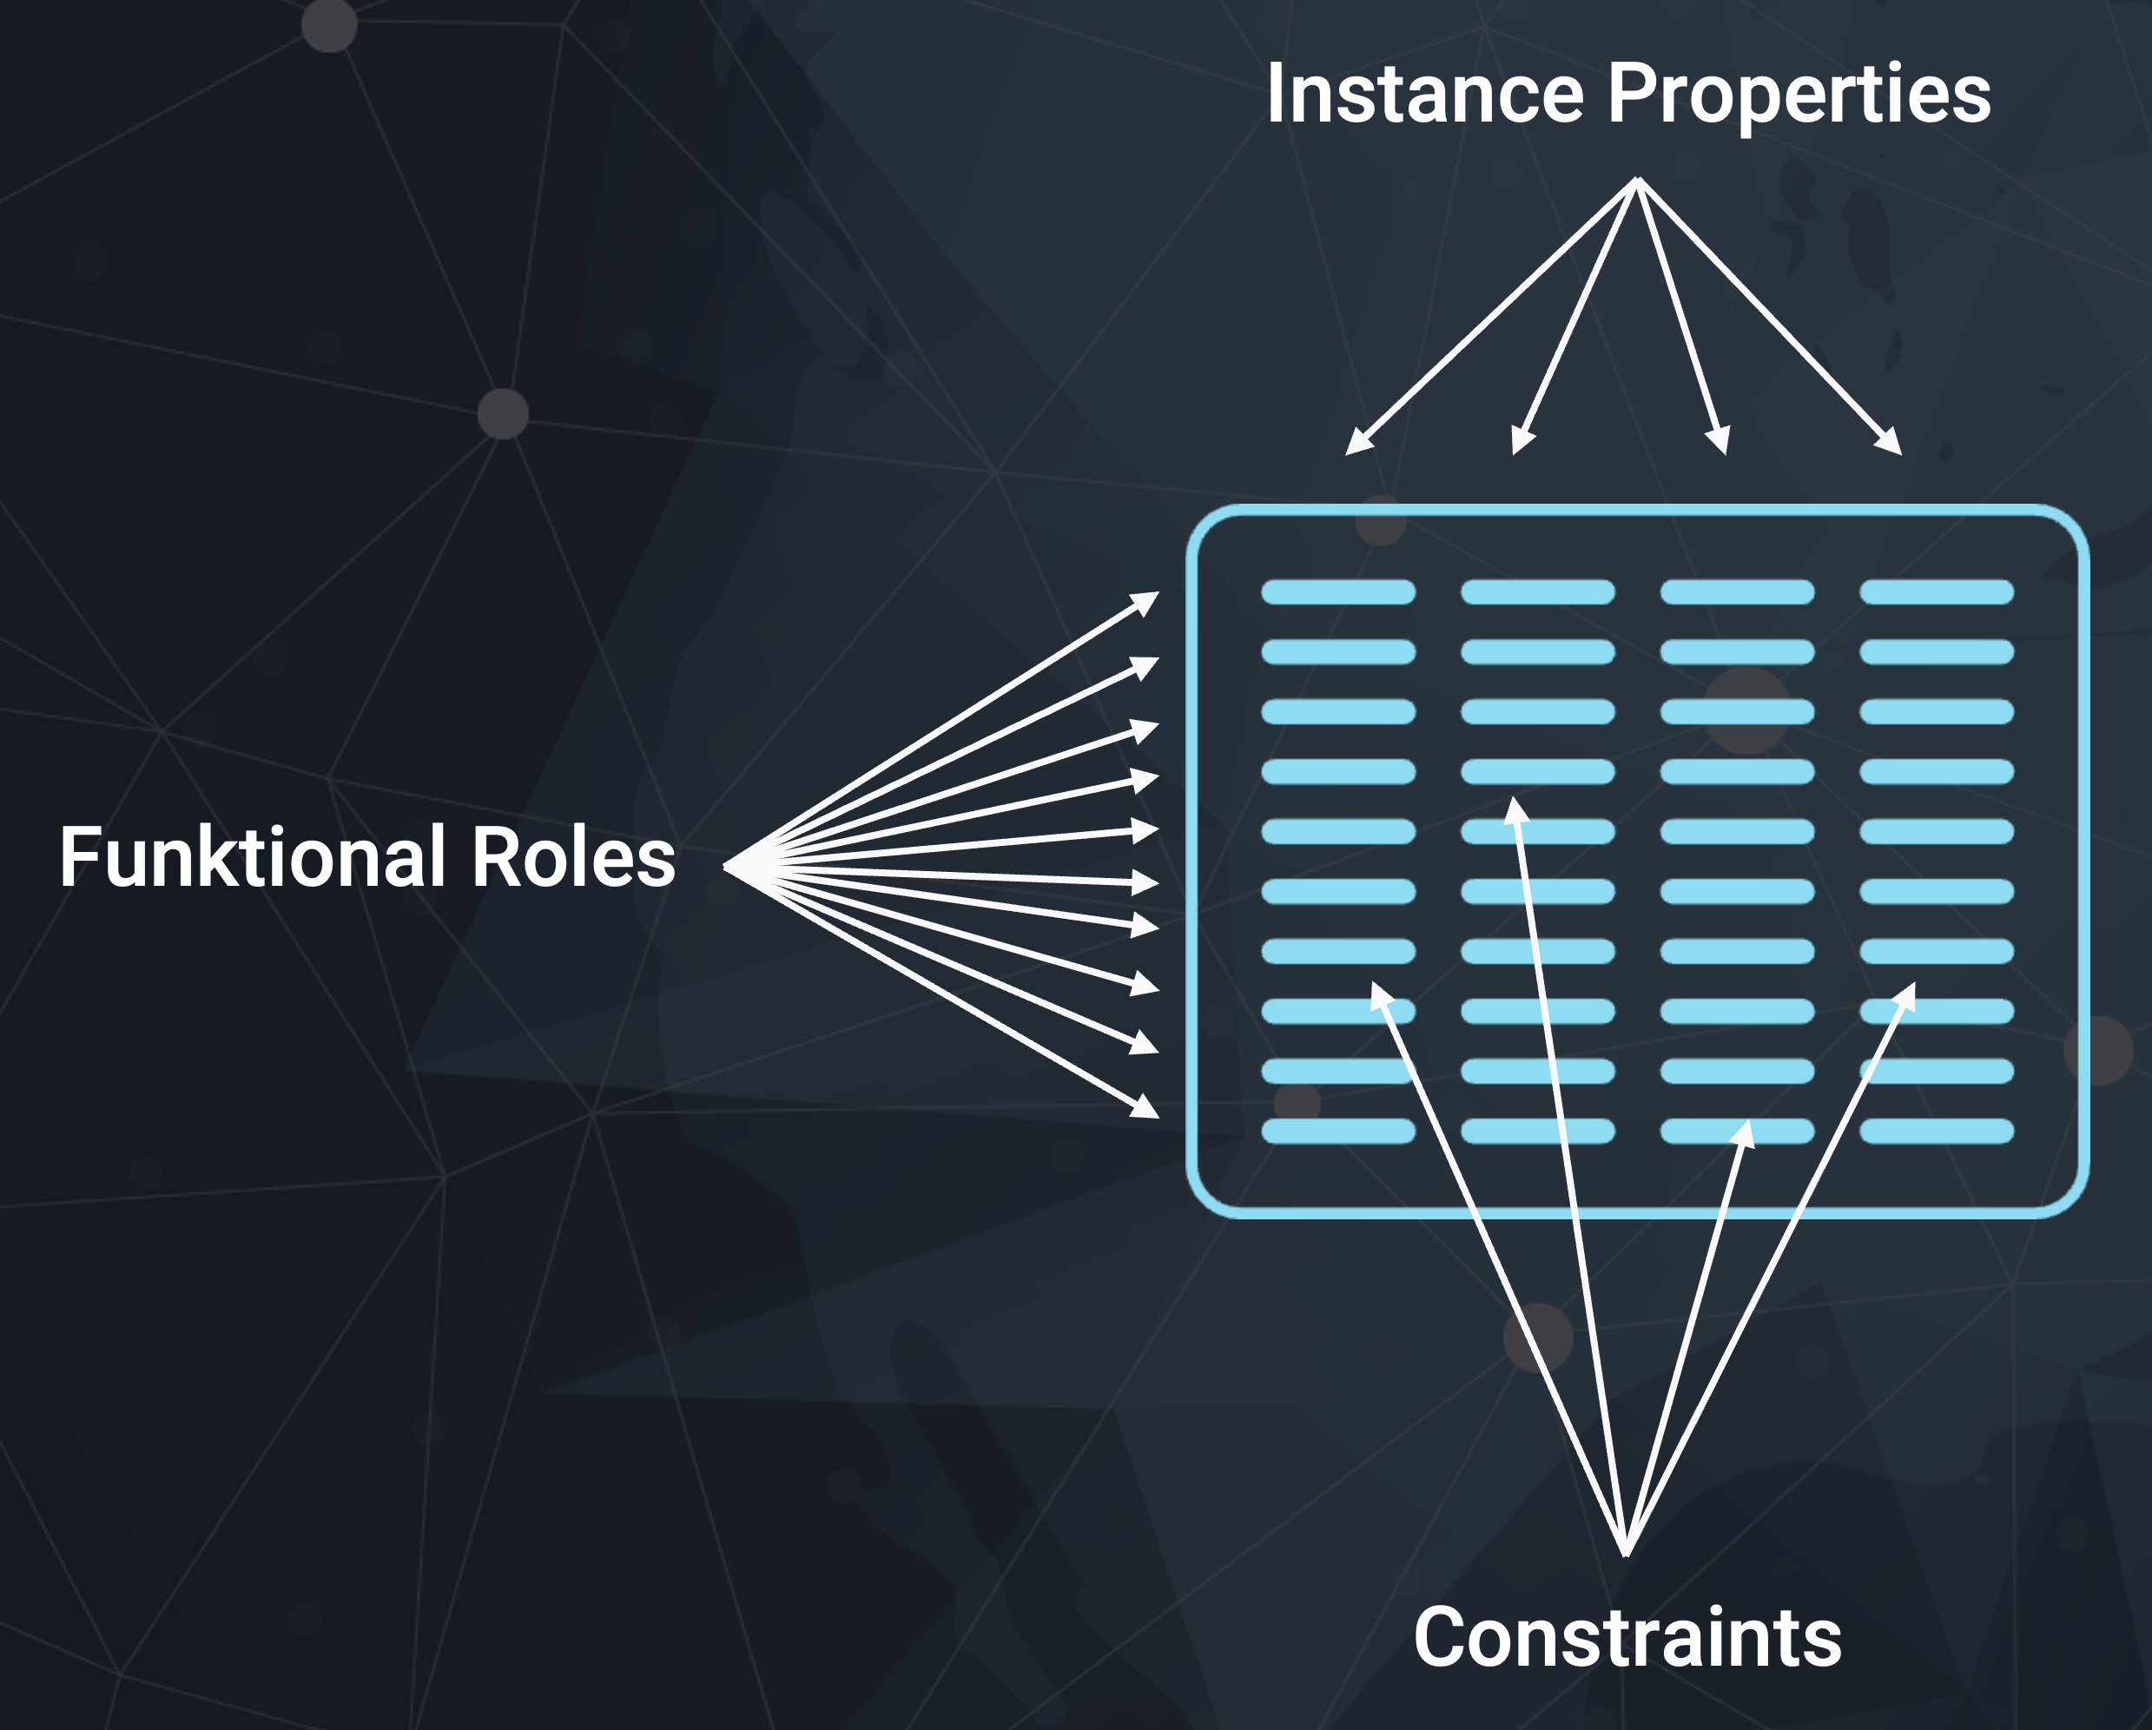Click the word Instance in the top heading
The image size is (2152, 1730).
[1424, 94]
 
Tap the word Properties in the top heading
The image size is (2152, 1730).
[1799, 96]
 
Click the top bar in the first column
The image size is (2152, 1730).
[1337, 592]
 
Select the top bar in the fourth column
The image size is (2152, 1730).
[1937, 592]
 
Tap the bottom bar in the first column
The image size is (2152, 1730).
[1337, 1131]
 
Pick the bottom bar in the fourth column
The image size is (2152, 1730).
[1937, 1131]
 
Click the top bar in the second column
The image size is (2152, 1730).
[1537, 592]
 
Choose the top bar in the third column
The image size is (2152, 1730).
[1737, 592]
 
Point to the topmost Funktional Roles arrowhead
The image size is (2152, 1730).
[1148, 601]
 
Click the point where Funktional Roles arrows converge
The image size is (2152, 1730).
[727, 866]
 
